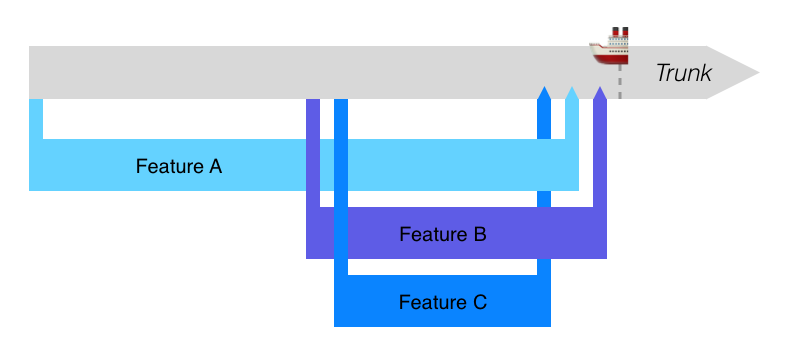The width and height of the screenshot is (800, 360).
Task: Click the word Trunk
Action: click(683, 73)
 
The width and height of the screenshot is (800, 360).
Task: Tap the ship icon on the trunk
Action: click(611, 47)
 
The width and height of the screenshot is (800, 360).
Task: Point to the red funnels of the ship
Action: click(619, 34)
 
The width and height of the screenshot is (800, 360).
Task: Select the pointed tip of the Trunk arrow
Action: click(757, 72)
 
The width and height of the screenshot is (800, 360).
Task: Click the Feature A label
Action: click(179, 166)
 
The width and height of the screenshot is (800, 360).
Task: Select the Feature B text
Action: click(442, 235)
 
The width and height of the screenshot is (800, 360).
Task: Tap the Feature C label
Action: click(442, 302)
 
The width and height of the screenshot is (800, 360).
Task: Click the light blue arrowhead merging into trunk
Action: click(572, 93)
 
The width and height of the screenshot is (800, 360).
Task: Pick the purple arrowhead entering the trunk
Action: click(600, 93)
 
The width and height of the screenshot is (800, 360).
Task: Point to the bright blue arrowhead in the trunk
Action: click(544, 93)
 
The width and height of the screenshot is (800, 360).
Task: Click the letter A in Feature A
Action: click(214, 166)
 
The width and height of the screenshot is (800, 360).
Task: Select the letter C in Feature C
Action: click(479, 302)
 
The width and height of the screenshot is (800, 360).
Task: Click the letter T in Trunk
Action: click(661, 73)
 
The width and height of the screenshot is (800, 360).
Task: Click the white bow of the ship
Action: click(596, 46)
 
